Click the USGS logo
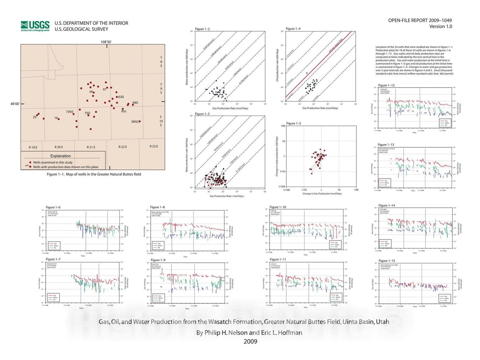[x=35, y=26]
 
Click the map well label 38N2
[x=134, y=122]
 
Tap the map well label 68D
[x=135, y=103]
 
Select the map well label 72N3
[x=69, y=112]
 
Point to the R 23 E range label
[x=154, y=146]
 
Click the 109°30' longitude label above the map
[x=106, y=42]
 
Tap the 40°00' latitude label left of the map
[x=15, y=104]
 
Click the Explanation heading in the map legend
[x=60, y=156]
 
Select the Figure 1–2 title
[x=202, y=29]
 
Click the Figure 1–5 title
[x=293, y=123]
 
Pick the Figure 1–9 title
[x=158, y=260]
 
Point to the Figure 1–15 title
[x=387, y=261]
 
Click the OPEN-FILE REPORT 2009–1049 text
[x=420, y=20]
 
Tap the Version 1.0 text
[x=440, y=26]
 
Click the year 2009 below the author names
[x=250, y=341]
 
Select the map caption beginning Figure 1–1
[x=94, y=174]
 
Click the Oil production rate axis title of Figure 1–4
[x=277, y=65]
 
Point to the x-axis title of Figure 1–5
[x=322, y=194]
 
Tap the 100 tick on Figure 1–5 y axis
[x=283, y=126]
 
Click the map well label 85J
[x=123, y=111]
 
